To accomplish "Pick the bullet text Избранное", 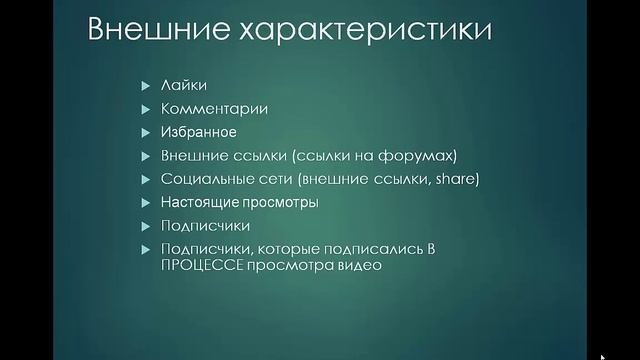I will point(198,132).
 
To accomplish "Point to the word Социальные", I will point(201,179).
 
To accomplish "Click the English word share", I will point(460,179).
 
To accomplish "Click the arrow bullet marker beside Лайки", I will point(145,85).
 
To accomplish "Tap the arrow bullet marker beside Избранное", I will point(145,132).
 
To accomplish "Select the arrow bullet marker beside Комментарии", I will point(145,108).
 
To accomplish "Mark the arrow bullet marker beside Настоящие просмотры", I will point(145,203).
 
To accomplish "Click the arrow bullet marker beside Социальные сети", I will point(145,179).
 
